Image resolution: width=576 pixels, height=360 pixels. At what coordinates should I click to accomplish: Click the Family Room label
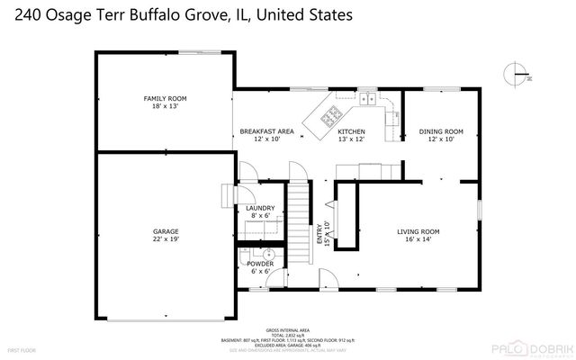coord(165,98)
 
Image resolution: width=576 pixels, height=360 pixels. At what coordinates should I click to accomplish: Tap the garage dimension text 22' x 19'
coord(165,240)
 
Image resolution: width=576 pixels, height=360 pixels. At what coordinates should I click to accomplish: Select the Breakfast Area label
coord(266,131)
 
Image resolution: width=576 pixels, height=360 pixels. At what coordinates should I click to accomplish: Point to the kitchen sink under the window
coord(369,100)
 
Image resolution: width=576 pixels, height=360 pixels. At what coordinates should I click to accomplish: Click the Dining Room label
coord(441,131)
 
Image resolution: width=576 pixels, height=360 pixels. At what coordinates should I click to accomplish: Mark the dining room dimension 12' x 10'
coord(441,140)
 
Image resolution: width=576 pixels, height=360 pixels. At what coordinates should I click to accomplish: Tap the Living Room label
coord(419,231)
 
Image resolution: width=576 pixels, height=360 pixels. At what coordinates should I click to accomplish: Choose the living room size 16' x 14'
coord(419,240)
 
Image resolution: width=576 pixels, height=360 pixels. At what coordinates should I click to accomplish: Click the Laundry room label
coord(260,208)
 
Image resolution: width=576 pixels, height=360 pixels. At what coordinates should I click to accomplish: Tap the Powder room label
coord(260,263)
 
